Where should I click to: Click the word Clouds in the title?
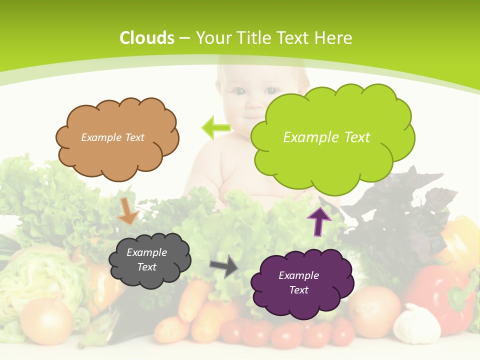[147, 38]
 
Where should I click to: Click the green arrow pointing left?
[215, 127]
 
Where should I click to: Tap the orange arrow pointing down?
[128, 211]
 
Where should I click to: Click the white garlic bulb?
[417, 324]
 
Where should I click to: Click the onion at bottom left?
[46, 320]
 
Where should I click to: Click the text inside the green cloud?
[326, 137]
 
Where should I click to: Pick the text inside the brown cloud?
[112, 137]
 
